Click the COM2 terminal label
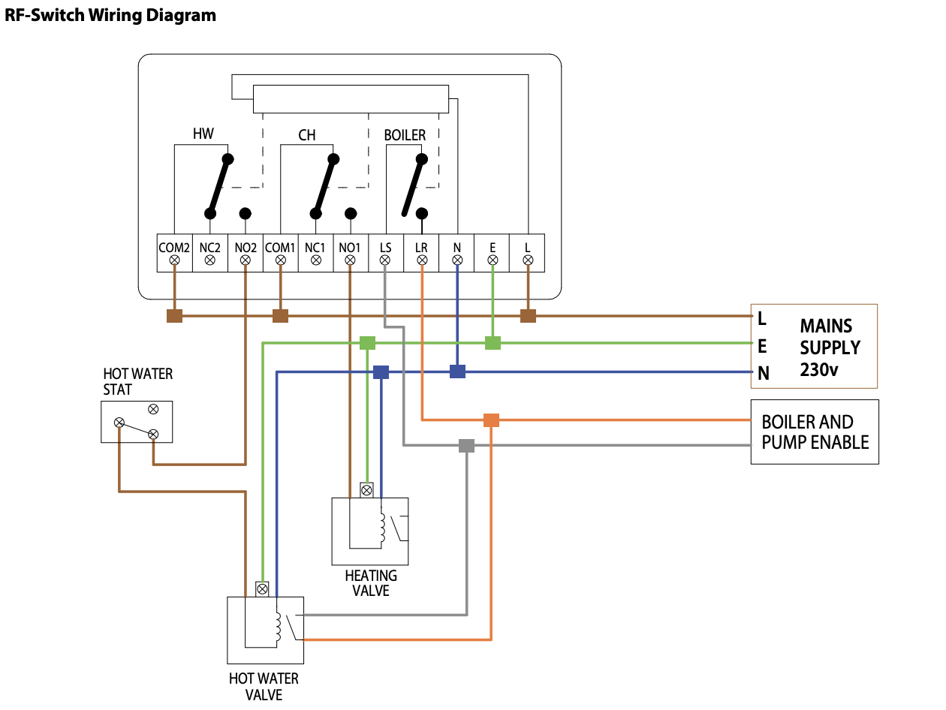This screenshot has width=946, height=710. [x=174, y=246]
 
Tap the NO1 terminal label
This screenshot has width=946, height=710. [x=350, y=246]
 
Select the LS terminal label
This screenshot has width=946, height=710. [x=385, y=246]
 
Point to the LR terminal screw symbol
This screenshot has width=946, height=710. [x=422, y=260]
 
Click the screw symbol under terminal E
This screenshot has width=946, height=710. [x=493, y=260]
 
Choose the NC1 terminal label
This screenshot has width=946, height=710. [x=315, y=246]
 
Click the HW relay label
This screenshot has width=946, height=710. [x=203, y=134]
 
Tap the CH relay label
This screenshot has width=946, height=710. [x=306, y=136]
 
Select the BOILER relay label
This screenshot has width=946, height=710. [x=405, y=136]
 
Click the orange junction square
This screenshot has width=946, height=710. [x=491, y=420]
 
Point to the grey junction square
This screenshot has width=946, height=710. [x=466, y=446]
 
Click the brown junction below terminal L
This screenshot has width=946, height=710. [x=528, y=316]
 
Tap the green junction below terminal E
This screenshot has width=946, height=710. [x=493, y=343]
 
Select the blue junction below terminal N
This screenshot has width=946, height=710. [x=457, y=372]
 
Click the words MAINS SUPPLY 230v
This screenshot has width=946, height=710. [x=830, y=347]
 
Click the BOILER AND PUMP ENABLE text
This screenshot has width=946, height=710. [x=815, y=432]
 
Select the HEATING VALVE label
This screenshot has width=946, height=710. [x=371, y=583]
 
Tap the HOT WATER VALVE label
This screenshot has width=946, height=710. [x=264, y=686]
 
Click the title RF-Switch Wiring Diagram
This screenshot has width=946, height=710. [x=110, y=16]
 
